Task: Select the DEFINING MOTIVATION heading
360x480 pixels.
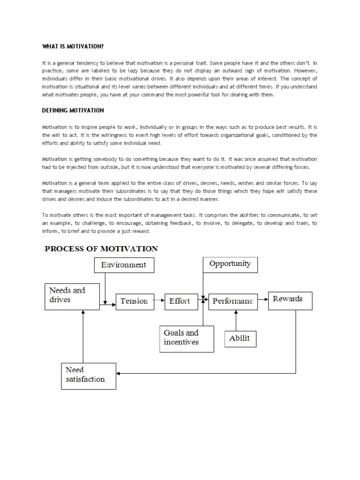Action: click(73, 111)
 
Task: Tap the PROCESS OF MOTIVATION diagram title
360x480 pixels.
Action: click(101, 249)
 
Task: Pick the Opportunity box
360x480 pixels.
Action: click(230, 264)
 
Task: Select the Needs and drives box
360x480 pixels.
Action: click(72, 295)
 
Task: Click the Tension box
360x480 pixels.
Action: click(134, 301)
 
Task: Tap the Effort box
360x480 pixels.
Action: click(180, 301)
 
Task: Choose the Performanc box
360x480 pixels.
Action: click(233, 301)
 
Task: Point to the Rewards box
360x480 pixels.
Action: click(290, 300)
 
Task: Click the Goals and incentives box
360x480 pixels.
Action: click(187, 338)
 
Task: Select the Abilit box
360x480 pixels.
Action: click(240, 338)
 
